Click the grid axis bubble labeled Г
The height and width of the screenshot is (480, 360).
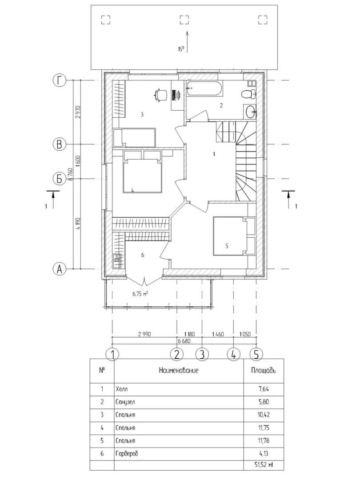[x=60, y=80]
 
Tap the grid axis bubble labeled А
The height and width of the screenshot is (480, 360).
[x=60, y=269]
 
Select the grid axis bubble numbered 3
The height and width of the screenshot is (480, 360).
[x=202, y=354]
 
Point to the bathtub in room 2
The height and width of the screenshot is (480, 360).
[x=204, y=89]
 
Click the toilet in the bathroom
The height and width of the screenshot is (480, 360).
[x=249, y=94]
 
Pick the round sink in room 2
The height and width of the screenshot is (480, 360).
[x=251, y=111]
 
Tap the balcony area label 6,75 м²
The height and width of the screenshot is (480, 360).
[x=140, y=294]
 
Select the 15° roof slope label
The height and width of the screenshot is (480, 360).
[x=181, y=49]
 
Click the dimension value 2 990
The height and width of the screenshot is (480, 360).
[x=144, y=334]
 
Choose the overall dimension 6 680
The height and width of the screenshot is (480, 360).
[x=184, y=341]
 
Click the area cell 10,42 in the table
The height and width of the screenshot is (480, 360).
[x=264, y=415]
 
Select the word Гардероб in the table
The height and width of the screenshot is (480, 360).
[x=127, y=454]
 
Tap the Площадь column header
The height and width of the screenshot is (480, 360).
[x=264, y=370]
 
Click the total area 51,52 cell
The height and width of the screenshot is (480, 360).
[x=264, y=465]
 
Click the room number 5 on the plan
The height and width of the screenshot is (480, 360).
[x=227, y=246]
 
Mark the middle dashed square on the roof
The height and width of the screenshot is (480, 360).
[x=184, y=20]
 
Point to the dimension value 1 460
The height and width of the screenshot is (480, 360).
[x=218, y=334]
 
